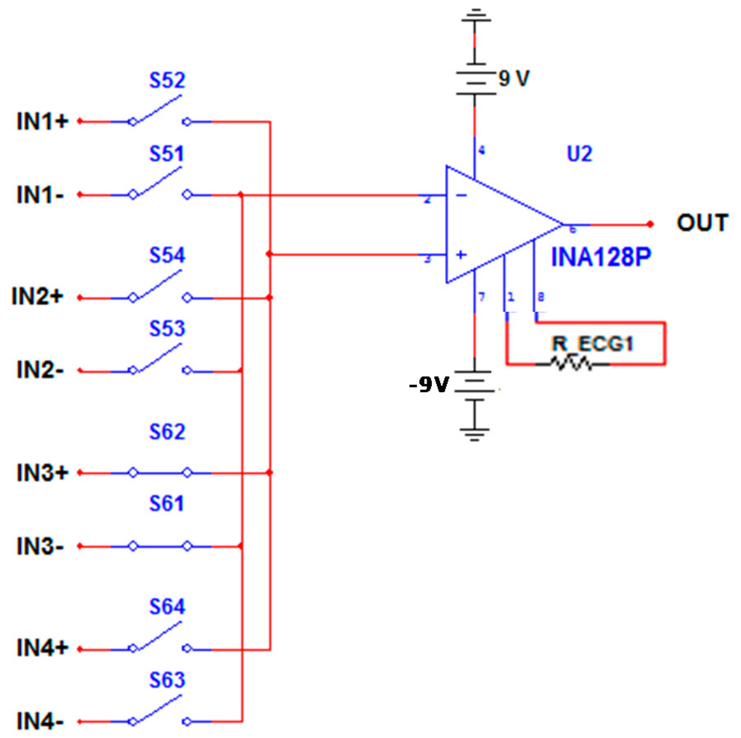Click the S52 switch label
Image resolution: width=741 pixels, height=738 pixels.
(167, 80)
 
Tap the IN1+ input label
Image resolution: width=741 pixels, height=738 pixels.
(42, 121)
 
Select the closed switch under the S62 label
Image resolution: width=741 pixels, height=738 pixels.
(160, 473)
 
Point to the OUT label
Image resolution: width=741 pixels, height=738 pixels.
(702, 223)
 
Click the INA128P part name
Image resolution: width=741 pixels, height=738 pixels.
(601, 257)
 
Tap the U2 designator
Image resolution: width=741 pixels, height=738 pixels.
(579, 154)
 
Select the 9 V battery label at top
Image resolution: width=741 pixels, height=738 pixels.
(514, 78)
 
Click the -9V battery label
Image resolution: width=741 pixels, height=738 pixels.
(429, 385)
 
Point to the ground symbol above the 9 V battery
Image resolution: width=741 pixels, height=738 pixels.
(475, 17)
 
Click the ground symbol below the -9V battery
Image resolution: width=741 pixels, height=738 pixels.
(475, 433)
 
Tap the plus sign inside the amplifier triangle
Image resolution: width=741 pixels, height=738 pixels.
(461, 255)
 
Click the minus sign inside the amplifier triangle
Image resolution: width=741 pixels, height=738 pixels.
(461, 195)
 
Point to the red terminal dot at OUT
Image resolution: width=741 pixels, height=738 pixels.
(650, 224)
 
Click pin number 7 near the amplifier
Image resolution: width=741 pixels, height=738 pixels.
(481, 297)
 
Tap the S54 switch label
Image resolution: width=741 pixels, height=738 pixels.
(167, 255)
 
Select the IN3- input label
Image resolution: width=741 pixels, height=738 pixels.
(40, 546)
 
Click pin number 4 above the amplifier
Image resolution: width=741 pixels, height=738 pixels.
(481, 150)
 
